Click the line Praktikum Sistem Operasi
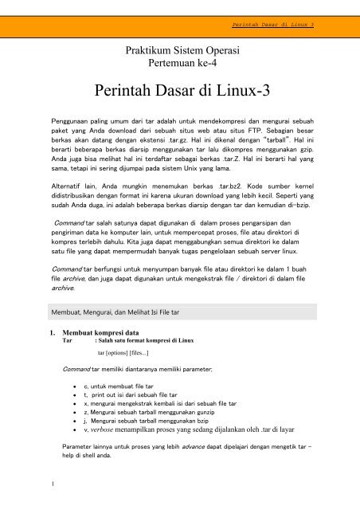coord(179,49)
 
